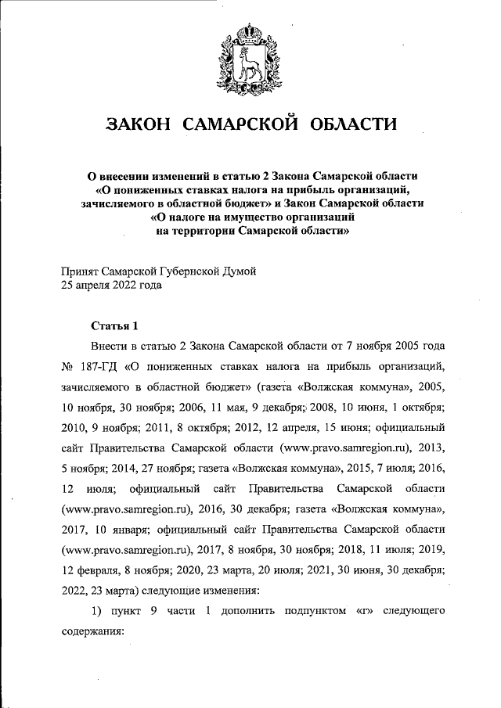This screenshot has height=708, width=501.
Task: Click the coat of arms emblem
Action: tap(250, 54)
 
